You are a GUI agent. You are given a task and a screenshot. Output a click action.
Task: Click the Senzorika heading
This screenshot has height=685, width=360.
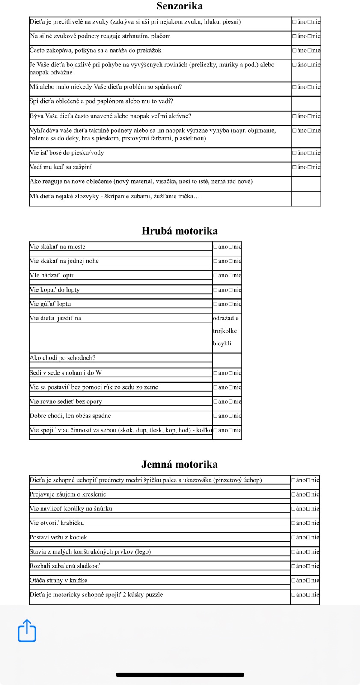click(179, 6)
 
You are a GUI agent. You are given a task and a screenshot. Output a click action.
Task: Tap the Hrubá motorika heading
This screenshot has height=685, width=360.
click(179, 231)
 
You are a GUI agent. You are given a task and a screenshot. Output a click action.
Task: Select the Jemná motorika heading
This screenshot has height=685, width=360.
click(179, 465)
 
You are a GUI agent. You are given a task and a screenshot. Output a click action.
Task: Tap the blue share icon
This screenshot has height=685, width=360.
click(27, 631)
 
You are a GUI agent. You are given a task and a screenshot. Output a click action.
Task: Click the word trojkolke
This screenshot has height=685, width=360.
click(225, 331)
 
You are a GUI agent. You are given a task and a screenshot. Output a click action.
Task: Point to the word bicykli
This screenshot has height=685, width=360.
click(222, 343)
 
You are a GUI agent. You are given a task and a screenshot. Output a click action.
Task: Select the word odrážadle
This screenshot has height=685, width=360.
click(226, 318)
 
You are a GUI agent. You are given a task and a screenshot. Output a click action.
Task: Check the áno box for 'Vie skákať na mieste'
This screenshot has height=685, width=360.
click(216, 247)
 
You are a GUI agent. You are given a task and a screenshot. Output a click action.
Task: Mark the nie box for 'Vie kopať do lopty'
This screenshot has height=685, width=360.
click(231, 290)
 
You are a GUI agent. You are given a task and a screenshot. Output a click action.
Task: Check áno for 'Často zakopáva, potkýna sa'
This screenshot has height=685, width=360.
click(295, 51)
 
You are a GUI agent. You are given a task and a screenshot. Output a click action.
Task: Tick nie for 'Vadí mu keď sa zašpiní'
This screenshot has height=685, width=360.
click(309, 167)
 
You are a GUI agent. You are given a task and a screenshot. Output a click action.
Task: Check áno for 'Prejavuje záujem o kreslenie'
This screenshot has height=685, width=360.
click(294, 494)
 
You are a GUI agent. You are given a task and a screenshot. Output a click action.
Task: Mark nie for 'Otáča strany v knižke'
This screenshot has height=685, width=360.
click(309, 581)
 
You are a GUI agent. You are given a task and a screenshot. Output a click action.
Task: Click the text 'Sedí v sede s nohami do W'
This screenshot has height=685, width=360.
click(65, 373)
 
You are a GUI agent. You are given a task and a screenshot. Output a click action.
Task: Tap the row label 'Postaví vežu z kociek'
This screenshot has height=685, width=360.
click(58, 537)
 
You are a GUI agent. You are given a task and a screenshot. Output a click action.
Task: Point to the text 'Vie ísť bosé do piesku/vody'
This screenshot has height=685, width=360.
click(66, 153)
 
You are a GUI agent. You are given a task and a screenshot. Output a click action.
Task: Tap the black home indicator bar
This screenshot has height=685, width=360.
click(180, 675)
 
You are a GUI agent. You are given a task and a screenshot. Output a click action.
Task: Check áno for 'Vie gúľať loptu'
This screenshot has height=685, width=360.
click(216, 304)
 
